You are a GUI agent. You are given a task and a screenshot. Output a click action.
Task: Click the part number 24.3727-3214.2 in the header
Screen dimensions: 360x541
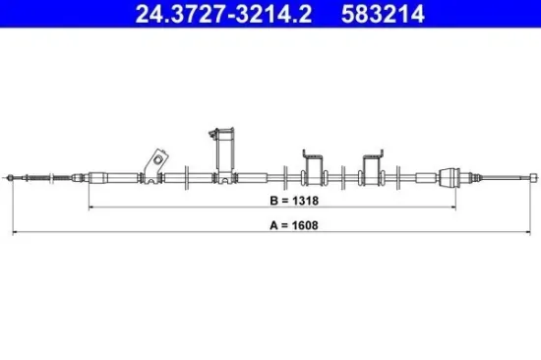pyautogui.click(x=186, y=13)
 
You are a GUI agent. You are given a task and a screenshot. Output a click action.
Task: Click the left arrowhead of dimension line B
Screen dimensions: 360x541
pyautogui.click(x=91, y=209)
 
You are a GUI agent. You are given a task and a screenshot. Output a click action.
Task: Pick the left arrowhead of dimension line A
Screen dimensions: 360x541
pyautogui.click(x=12, y=233)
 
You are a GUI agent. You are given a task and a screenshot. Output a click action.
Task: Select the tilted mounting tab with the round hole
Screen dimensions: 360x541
pyautogui.click(x=153, y=161)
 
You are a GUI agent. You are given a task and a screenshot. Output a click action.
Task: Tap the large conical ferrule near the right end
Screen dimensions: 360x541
pyautogui.click(x=451, y=178)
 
